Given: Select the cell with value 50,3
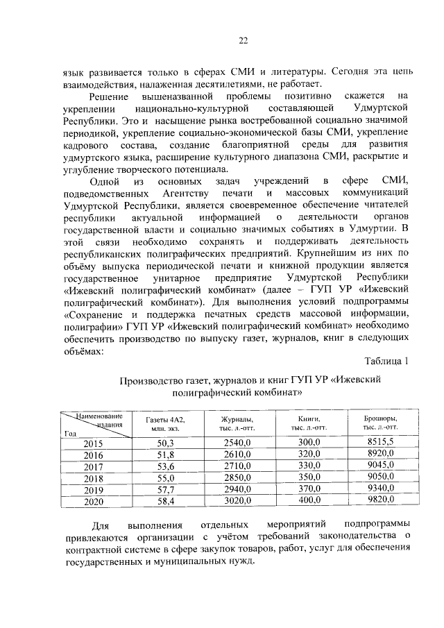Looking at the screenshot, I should pos(165,442).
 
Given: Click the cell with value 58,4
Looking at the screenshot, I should pos(165,500).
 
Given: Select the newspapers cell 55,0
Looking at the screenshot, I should pos(165,477).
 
